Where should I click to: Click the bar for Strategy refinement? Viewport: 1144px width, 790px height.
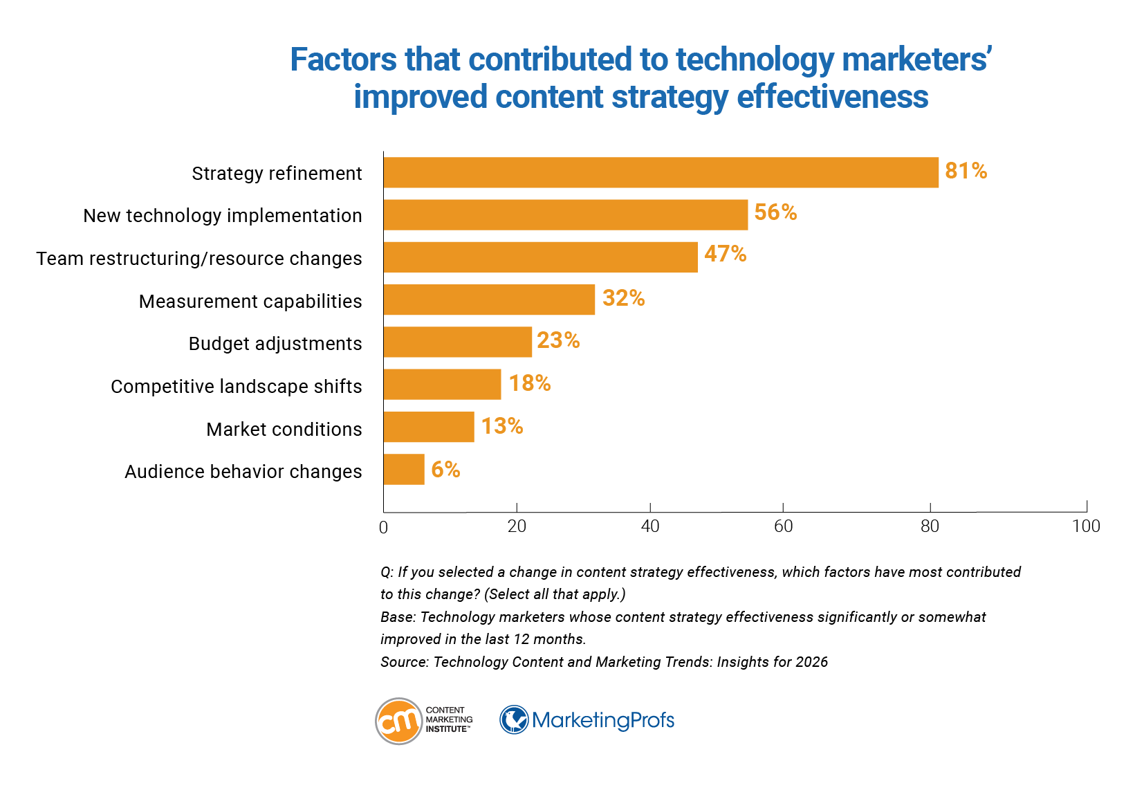coord(661,172)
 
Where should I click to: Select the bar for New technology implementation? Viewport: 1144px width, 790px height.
coord(565,215)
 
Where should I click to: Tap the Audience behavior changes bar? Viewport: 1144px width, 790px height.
coord(404,470)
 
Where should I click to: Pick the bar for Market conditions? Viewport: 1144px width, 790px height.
coord(429,427)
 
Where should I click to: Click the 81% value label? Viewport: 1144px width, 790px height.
coord(966,171)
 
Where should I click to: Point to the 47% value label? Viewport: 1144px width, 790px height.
coord(725,254)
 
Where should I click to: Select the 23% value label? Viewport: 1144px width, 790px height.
coord(557,340)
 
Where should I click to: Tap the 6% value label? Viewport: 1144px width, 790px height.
coord(445,470)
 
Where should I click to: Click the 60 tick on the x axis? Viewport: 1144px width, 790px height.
coord(783,526)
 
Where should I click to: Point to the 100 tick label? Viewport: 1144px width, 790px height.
coord(1086,526)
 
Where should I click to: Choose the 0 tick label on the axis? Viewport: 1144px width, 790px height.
coord(383,528)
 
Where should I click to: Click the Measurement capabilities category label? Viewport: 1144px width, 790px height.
coord(250,302)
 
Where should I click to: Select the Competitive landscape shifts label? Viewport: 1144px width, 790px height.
coord(236,387)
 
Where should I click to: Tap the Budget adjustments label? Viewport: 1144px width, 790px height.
coord(275,344)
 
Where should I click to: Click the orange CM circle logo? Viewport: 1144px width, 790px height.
coord(398,721)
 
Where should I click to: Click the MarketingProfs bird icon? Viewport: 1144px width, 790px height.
coord(514,719)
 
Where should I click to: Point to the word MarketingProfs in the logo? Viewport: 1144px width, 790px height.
coord(602,720)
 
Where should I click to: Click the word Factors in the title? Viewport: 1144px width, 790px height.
coord(343,59)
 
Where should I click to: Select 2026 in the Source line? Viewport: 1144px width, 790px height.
coord(811,662)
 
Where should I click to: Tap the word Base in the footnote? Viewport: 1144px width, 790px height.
coord(396,617)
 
